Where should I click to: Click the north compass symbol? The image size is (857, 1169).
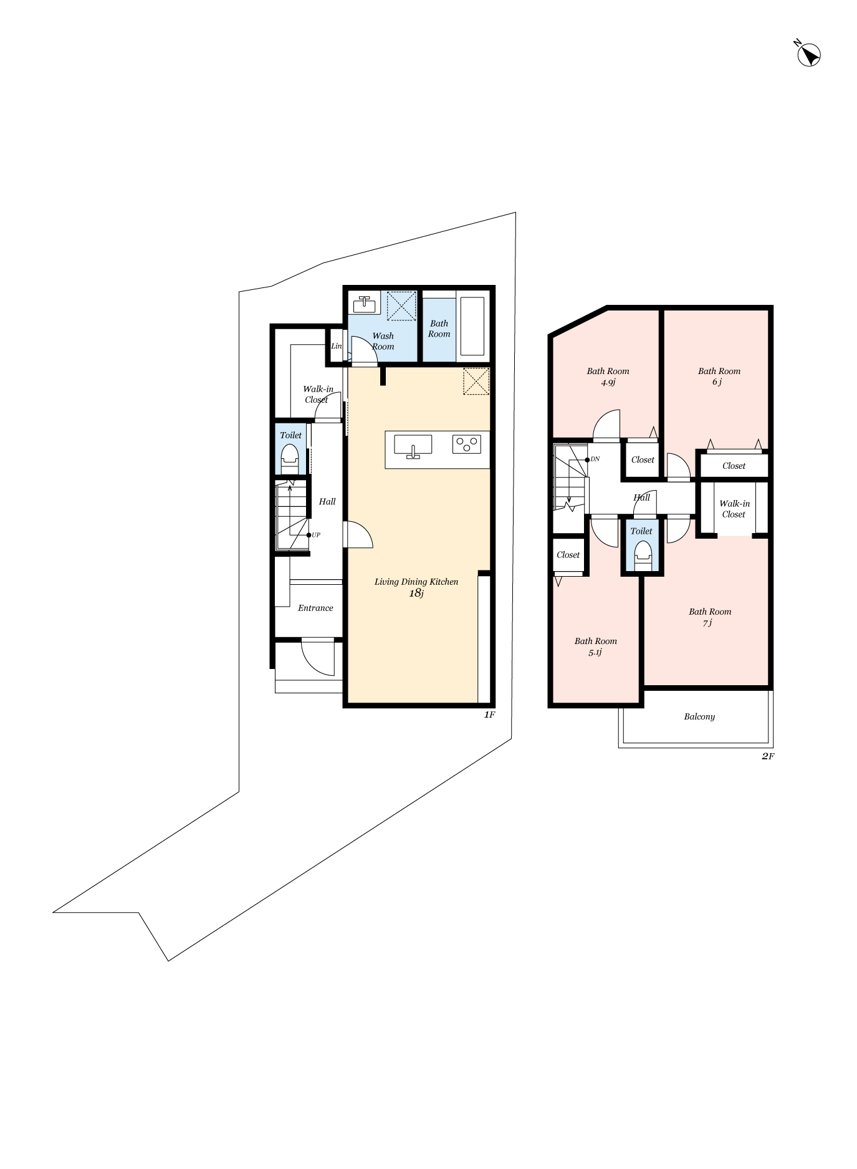point(809,55)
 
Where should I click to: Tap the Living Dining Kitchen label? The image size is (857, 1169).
point(416,582)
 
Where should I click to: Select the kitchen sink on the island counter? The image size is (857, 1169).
point(413,446)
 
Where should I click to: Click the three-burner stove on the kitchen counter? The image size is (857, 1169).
point(466,444)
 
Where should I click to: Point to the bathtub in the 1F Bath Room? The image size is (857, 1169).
point(472,326)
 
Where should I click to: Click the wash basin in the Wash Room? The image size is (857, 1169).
point(364,304)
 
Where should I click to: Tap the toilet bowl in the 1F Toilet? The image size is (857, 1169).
point(290,458)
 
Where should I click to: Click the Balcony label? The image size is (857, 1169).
point(699,716)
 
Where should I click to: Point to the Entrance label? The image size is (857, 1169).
point(315,608)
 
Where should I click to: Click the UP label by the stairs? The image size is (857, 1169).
point(316,535)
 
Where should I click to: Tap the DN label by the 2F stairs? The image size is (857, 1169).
point(595,459)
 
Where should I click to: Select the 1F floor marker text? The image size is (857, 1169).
point(489,714)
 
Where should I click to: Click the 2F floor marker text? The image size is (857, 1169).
point(768,756)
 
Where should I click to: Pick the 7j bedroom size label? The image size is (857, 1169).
point(707,623)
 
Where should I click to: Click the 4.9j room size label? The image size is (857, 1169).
point(608,382)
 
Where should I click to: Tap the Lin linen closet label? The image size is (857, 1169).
point(336,346)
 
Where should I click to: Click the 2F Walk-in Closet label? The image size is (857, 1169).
point(734,509)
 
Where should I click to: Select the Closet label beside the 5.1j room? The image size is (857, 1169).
point(568,555)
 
